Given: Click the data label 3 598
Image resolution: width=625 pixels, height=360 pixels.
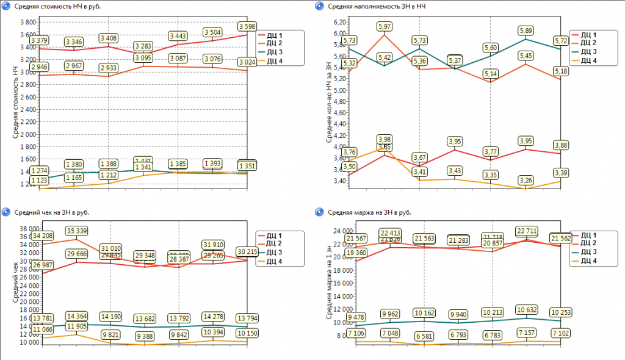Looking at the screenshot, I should tap(248, 26).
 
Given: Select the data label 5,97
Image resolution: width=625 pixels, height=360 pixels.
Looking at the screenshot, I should tap(385, 26).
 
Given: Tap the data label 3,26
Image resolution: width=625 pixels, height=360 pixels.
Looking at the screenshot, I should tap(526, 180).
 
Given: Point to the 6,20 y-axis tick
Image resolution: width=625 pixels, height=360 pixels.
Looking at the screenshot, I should tap(340, 21).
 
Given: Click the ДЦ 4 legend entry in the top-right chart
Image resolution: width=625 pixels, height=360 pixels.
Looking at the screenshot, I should tap(589, 60).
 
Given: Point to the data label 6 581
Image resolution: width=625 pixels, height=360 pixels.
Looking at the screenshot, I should tap(424, 336).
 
